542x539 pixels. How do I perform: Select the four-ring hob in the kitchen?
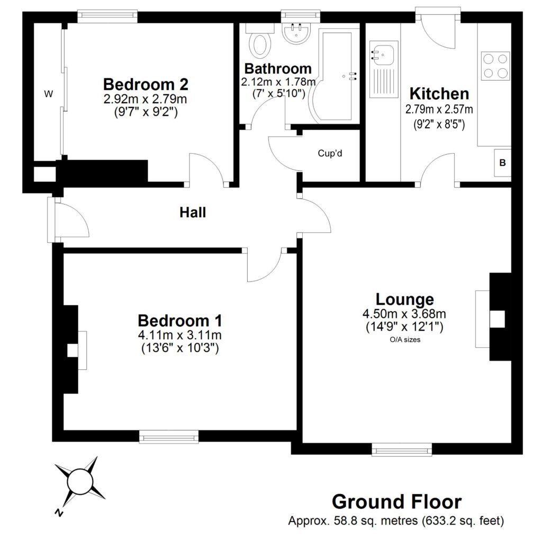495,66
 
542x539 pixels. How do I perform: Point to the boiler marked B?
503,163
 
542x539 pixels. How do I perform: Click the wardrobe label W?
49,94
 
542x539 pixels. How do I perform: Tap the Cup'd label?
330,153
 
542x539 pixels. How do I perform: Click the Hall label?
193,212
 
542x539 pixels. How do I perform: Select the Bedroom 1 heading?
180,321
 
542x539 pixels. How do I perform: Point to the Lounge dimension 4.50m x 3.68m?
404,314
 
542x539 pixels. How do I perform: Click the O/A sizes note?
405,340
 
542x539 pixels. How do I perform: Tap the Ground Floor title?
397,501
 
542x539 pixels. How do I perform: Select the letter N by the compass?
59,513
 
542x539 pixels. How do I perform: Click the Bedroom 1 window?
169,436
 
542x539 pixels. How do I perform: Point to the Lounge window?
402,449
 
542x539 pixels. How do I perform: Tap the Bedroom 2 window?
107,17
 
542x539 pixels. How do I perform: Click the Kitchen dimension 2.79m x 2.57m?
439,109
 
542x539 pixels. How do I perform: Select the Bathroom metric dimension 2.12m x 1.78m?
278,82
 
